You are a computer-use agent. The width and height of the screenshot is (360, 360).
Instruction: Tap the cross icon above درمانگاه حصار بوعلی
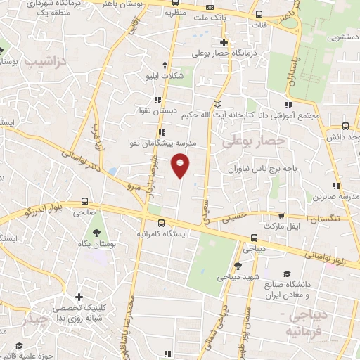tap(224, 42)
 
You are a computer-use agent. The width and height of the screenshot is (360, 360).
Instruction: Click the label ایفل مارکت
tap(281, 226)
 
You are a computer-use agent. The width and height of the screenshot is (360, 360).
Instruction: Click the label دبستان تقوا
tap(157, 110)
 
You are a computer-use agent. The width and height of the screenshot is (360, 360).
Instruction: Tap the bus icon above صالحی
tap(85, 200)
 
